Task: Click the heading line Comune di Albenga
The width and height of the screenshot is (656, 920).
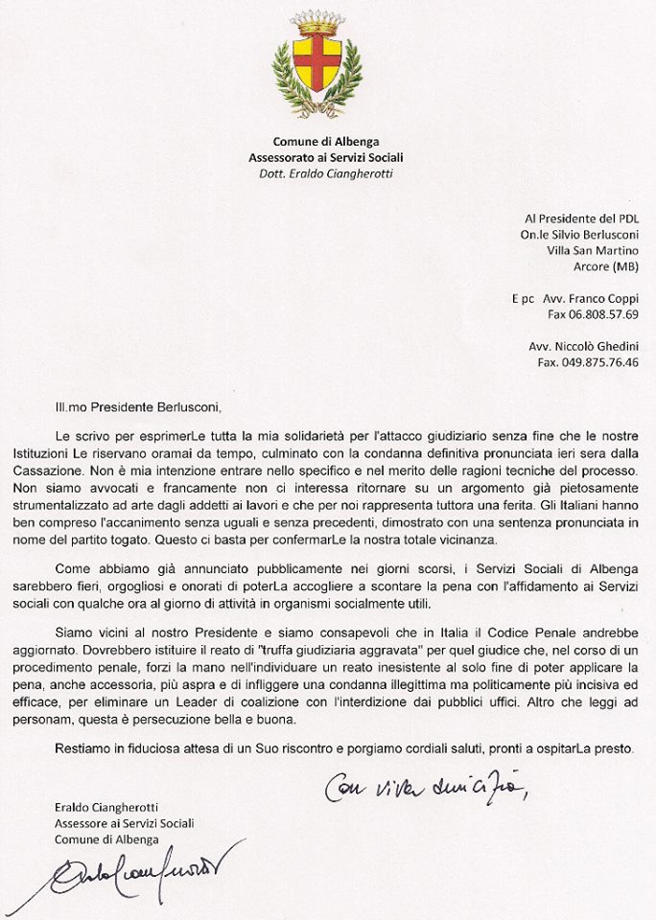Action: (325, 142)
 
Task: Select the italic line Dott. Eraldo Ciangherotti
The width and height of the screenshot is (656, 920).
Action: (325, 173)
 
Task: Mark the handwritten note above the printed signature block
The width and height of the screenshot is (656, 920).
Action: (427, 788)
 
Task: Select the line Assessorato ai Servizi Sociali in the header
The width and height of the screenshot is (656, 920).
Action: (325, 157)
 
